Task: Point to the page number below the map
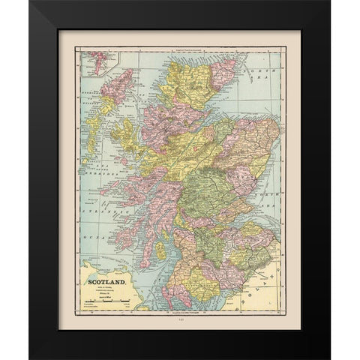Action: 179,319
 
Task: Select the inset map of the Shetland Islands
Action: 95,61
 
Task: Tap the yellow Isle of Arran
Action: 161,251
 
